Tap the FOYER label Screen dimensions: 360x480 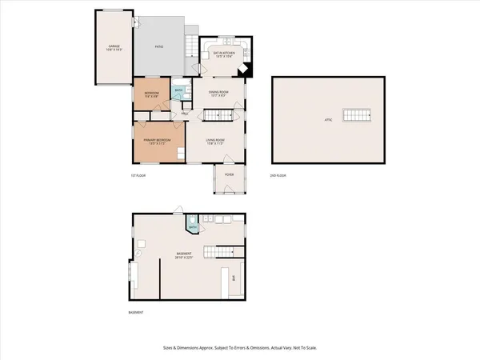click(228, 174)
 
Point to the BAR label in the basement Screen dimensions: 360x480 click(234, 278)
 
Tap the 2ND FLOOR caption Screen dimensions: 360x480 click(278, 175)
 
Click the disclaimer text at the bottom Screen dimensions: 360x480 click(239, 348)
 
